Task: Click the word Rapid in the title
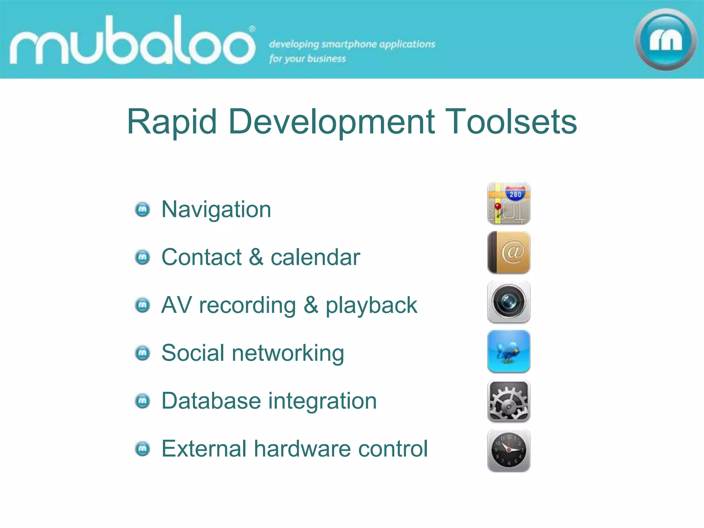click(172, 122)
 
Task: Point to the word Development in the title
click(332, 122)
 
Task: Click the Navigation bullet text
click(216, 209)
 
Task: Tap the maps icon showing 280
click(509, 203)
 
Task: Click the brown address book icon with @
click(509, 253)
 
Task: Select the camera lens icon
click(509, 302)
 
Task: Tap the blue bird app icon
click(509, 351)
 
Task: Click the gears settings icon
click(509, 401)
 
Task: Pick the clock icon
click(509, 450)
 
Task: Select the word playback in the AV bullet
click(371, 306)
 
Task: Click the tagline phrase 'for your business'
click(307, 59)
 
